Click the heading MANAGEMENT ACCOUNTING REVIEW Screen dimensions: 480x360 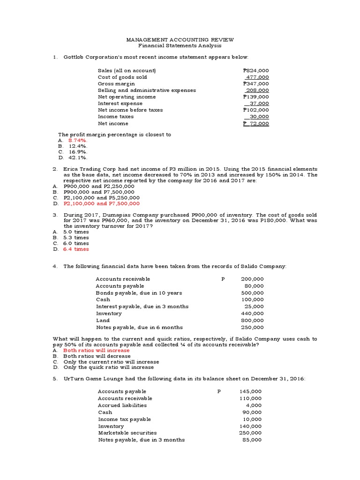[181, 40]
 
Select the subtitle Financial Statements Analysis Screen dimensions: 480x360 [180, 46]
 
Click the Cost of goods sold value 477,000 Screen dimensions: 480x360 [257, 77]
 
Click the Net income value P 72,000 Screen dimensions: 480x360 [256, 123]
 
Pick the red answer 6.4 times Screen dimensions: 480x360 [76, 249]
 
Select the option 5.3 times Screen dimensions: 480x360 [76, 238]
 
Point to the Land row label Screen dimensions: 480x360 [103, 321]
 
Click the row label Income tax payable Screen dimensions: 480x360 [124, 419]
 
